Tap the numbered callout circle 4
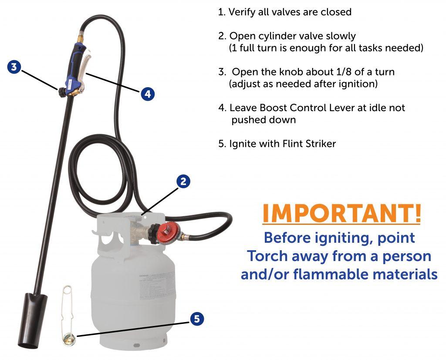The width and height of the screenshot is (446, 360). coord(148,93)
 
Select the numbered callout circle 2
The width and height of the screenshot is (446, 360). coord(184,181)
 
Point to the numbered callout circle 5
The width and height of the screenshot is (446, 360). coord(197,319)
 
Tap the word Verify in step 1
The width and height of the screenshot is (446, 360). coord(243,12)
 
